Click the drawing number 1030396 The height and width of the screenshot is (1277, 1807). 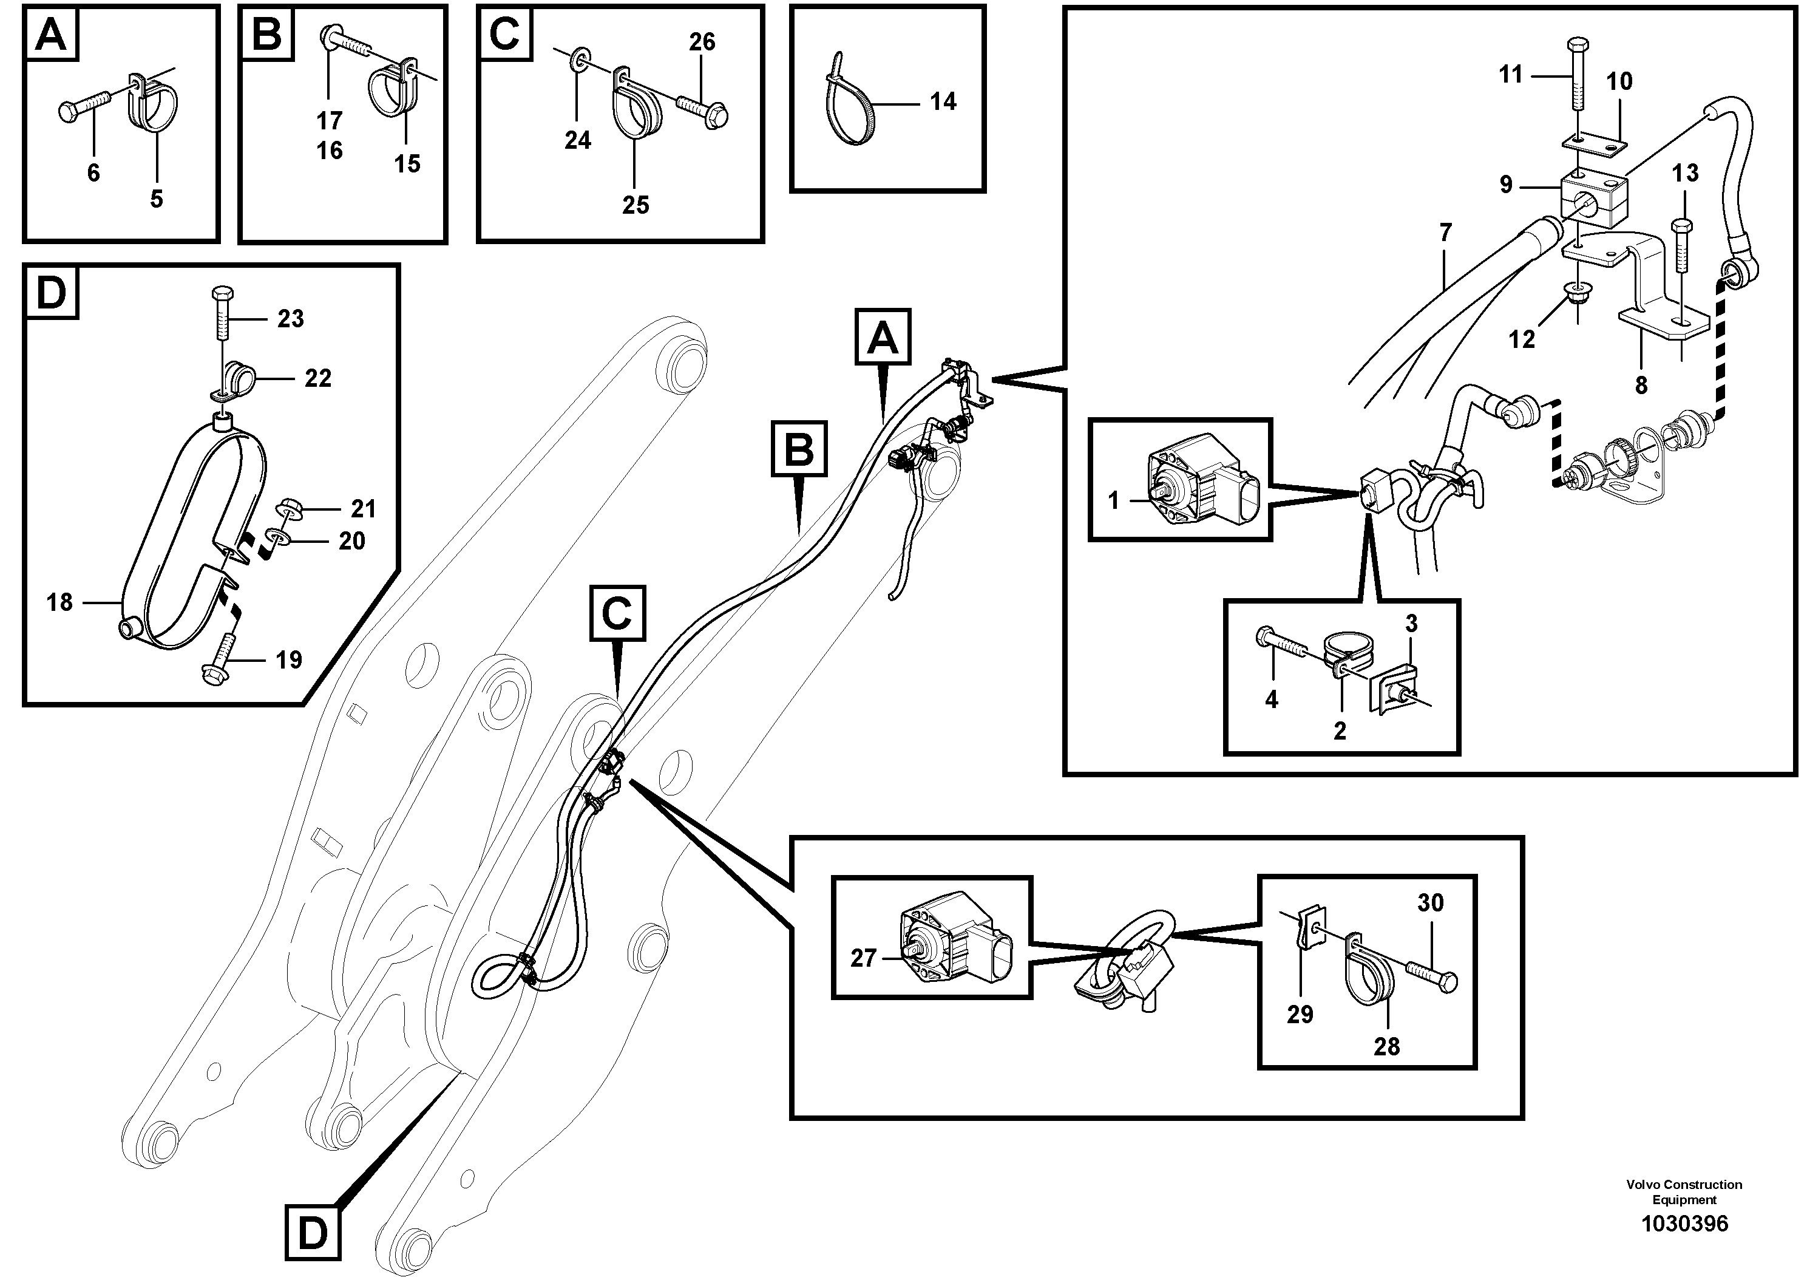pos(1684,1224)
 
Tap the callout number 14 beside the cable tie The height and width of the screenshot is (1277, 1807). pos(942,101)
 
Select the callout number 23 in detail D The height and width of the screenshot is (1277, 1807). pos(290,319)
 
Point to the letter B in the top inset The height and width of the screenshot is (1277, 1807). pos(267,34)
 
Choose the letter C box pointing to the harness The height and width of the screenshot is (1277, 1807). pos(617,613)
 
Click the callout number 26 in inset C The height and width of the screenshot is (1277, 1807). pos(702,42)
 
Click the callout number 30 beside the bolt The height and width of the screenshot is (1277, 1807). pos(1430,902)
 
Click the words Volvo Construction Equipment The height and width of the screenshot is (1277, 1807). pos(1684,1191)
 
